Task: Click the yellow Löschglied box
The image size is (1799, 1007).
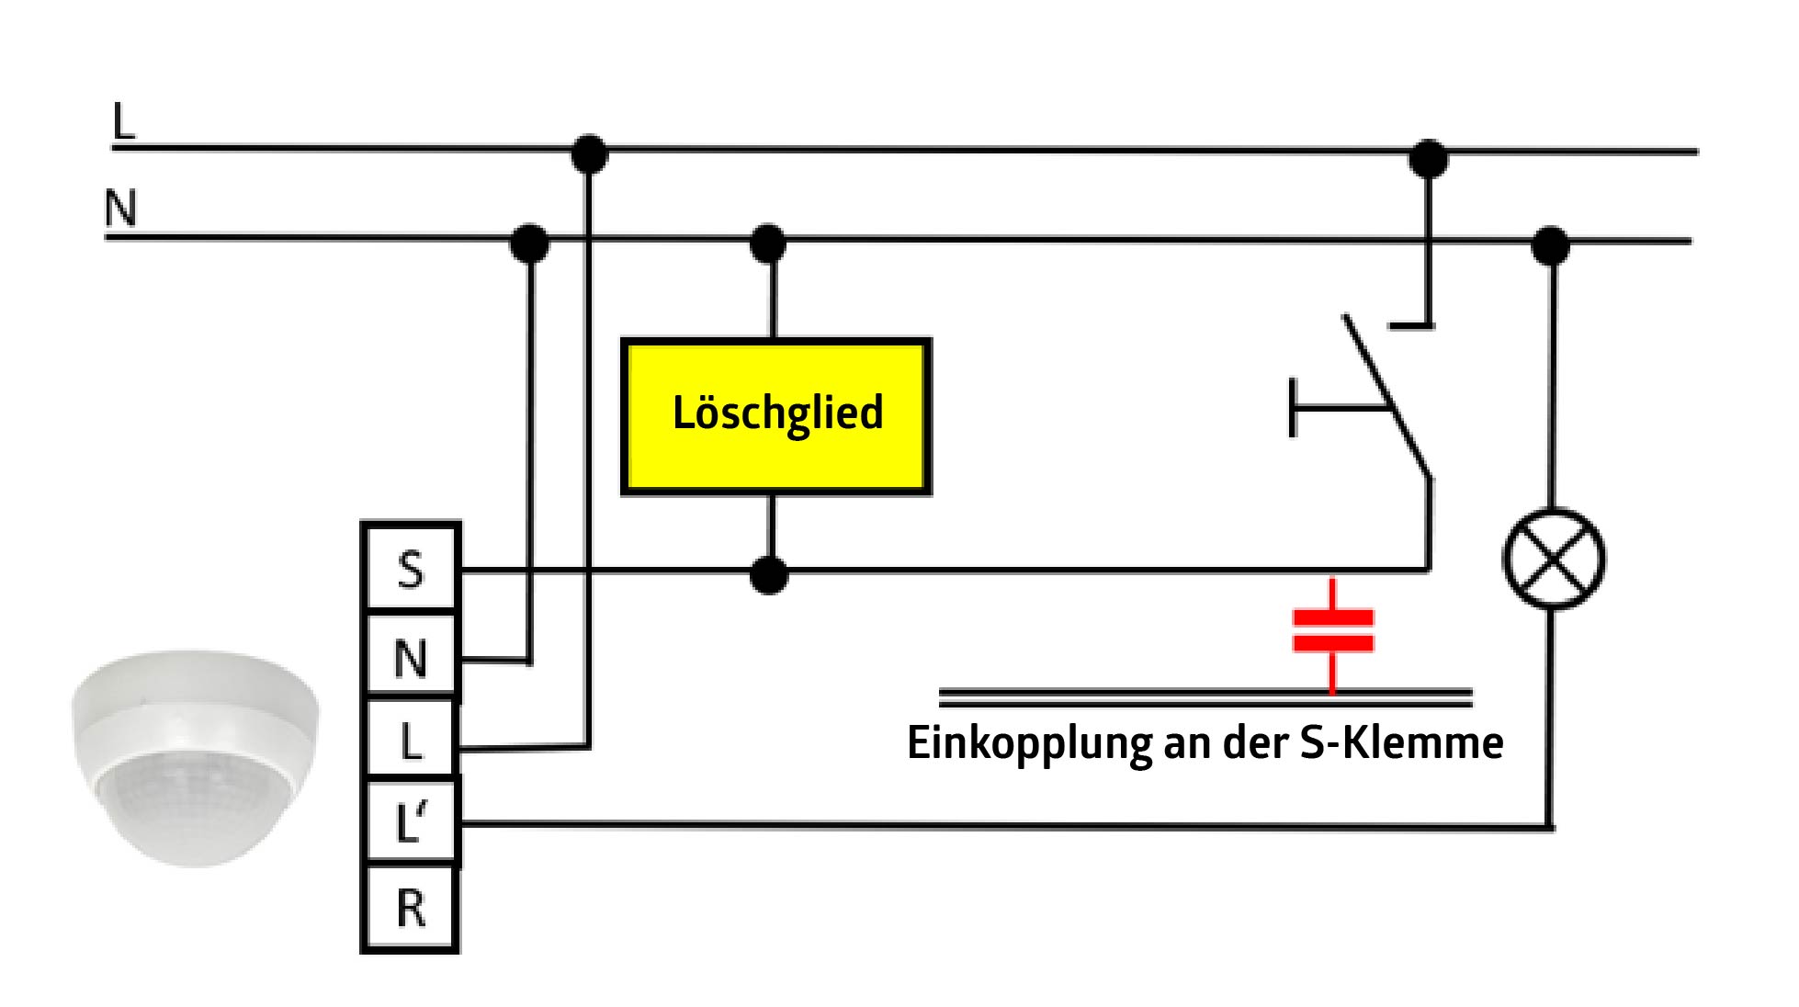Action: [776, 416]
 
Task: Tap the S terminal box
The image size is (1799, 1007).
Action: [411, 569]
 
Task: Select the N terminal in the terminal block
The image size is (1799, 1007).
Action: [411, 656]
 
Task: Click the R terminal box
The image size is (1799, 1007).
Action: [411, 908]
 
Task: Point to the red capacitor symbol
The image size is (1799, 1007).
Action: [1332, 629]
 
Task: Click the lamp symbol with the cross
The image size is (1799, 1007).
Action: [1553, 559]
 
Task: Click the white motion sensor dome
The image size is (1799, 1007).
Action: [195, 757]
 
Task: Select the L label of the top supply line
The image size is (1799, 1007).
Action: [122, 121]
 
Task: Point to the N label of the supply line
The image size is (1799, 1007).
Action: [120, 208]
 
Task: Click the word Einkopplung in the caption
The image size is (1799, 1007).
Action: [1029, 742]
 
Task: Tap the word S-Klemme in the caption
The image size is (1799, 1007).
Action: [1401, 742]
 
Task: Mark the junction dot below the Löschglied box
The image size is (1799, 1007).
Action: [769, 575]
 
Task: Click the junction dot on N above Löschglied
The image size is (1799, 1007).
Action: [768, 243]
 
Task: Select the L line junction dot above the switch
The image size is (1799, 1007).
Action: [1428, 159]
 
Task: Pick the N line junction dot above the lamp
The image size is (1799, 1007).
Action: [1551, 245]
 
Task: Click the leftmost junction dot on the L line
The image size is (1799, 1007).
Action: [589, 153]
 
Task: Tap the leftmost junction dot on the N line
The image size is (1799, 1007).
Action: [529, 243]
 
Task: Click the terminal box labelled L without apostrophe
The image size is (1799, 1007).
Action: [411, 740]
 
